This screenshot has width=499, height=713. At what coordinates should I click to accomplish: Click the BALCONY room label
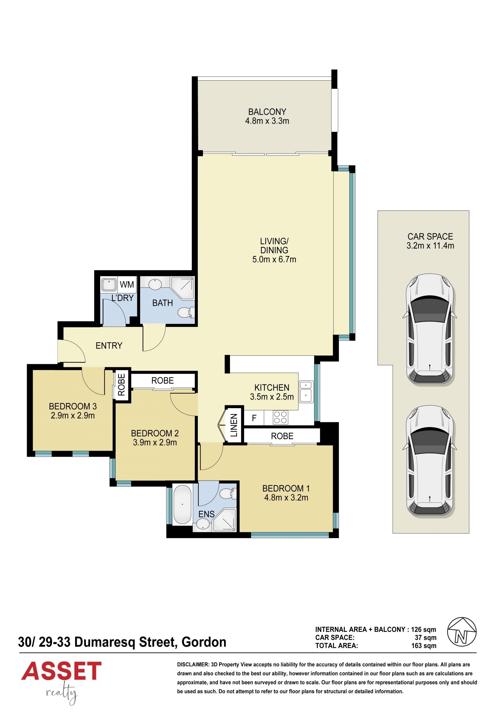pyautogui.click(x=267, y=112)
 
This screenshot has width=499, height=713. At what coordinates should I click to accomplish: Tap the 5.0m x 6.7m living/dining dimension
pyautogui.click(x=274, y=259)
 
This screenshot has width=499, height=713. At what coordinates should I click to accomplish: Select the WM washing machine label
pyautogui.click(x=127, y=284)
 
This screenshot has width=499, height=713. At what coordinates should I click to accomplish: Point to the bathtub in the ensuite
pyautogui.click(x=182, y=505)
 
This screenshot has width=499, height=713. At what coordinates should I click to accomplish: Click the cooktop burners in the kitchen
pyautogui.click(x=280, y=417)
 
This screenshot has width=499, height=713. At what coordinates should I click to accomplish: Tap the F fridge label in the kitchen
pyautogui.click(x=254, y=418)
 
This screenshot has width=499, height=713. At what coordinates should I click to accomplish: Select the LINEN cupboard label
pyautogui.click(x=234, y=425)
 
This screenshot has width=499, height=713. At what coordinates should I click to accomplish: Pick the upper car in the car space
pyautogui.click(x=430, y=330)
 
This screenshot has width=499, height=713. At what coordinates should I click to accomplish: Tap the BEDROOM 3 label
pyautogui.click(x=73, y=406)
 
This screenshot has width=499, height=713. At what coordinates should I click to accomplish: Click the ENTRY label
pyautogui.click(x=109, y=346)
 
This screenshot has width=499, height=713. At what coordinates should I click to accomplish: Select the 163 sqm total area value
pyautogui.click(x=424, y=646)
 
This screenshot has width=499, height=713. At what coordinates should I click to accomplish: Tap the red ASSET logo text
pyautogui.click(x=61, y=671)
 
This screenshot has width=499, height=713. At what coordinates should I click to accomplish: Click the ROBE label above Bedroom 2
pyautogui.click(x=163, y=380)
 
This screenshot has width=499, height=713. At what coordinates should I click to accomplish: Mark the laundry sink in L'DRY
pyautogui.click(x=109, y=285)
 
